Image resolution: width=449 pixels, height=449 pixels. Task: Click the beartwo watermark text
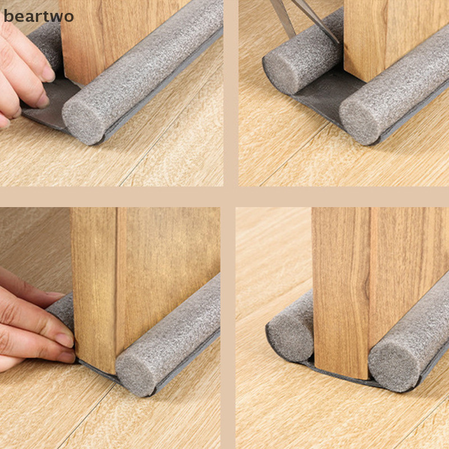38,16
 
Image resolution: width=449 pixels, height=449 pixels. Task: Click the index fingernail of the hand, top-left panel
48,73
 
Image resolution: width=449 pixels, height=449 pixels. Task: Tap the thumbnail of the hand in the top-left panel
43,100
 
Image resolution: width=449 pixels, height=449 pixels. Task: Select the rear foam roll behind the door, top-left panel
45,47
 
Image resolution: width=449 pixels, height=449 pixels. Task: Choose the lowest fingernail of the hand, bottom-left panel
66,357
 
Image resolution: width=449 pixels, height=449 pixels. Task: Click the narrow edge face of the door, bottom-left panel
94,289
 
